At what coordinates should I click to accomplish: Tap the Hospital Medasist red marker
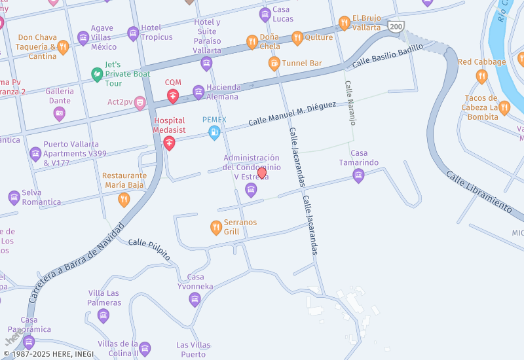169,143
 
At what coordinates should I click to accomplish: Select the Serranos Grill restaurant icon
216,227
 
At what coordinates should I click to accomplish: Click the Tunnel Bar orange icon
274,63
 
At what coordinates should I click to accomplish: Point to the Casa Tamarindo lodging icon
358,175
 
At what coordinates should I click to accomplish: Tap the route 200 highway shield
395,26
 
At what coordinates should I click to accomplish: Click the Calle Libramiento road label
479,192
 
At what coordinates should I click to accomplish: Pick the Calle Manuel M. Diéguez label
292,113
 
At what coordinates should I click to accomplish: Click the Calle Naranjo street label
350,103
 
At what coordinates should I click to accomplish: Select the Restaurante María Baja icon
124,200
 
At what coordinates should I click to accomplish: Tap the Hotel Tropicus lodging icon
133,33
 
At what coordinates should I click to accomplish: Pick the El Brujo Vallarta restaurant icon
345,24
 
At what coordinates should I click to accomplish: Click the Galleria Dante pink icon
60,114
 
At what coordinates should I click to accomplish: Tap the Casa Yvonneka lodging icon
194,300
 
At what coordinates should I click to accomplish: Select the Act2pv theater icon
140,103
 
